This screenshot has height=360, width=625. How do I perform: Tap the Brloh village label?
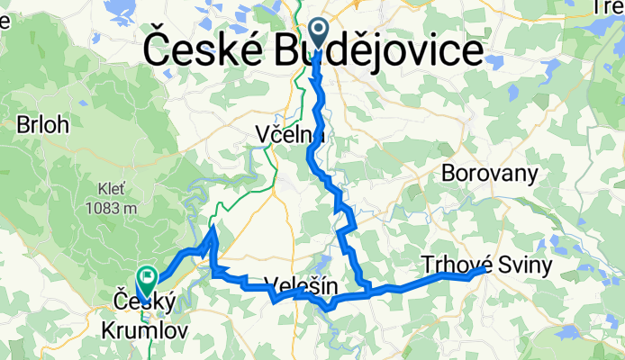tap(42, 126)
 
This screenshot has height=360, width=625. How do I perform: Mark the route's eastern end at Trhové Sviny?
tap(485, 268)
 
